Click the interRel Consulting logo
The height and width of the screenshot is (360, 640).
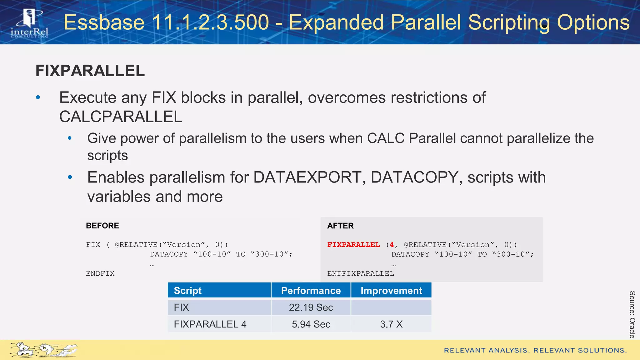pyautogui.click(x=29, y=24)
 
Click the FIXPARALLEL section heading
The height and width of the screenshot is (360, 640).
pyautogui.click(x=90, y=71)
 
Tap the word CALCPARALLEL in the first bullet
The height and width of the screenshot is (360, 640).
pyautogui.click(x=121, y=117)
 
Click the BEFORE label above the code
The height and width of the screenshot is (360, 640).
pyautogui.click(x=102, y=226)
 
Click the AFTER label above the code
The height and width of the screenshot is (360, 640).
pyautogui.click(x=340, y=226)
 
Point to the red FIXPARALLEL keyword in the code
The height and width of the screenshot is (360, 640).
pyautogui.click(x=353, y=245)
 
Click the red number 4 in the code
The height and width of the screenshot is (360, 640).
pyautogui.click(x=392, y=245)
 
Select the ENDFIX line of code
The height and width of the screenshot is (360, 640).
pyautogui.click(x=100, y=273)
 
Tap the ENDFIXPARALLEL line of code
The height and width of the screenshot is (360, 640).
pyautogui.click(x=361, y=273)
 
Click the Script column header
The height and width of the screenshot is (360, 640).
pyautogui.click(x=188, y=291)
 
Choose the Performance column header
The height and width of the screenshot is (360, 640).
pyautogui.click(x=311, y=291)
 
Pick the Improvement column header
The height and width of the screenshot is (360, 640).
pyautogui.click(x=391, y=291)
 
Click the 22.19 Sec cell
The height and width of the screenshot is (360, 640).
pyautogui.click(x=311, y=307)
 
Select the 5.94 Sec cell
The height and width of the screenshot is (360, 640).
pyautogui.click(x=311, y=324)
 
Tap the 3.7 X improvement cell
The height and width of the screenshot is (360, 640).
pyautogui.click(x=391, y=324)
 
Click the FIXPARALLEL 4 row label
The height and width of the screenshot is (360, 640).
pyautogui.click(x=210, y=324)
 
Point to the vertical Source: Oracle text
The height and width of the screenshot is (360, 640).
pyautogui.click(x=632, y=314)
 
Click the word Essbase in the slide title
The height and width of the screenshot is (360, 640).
pyautogui.click(x=104, y=22)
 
